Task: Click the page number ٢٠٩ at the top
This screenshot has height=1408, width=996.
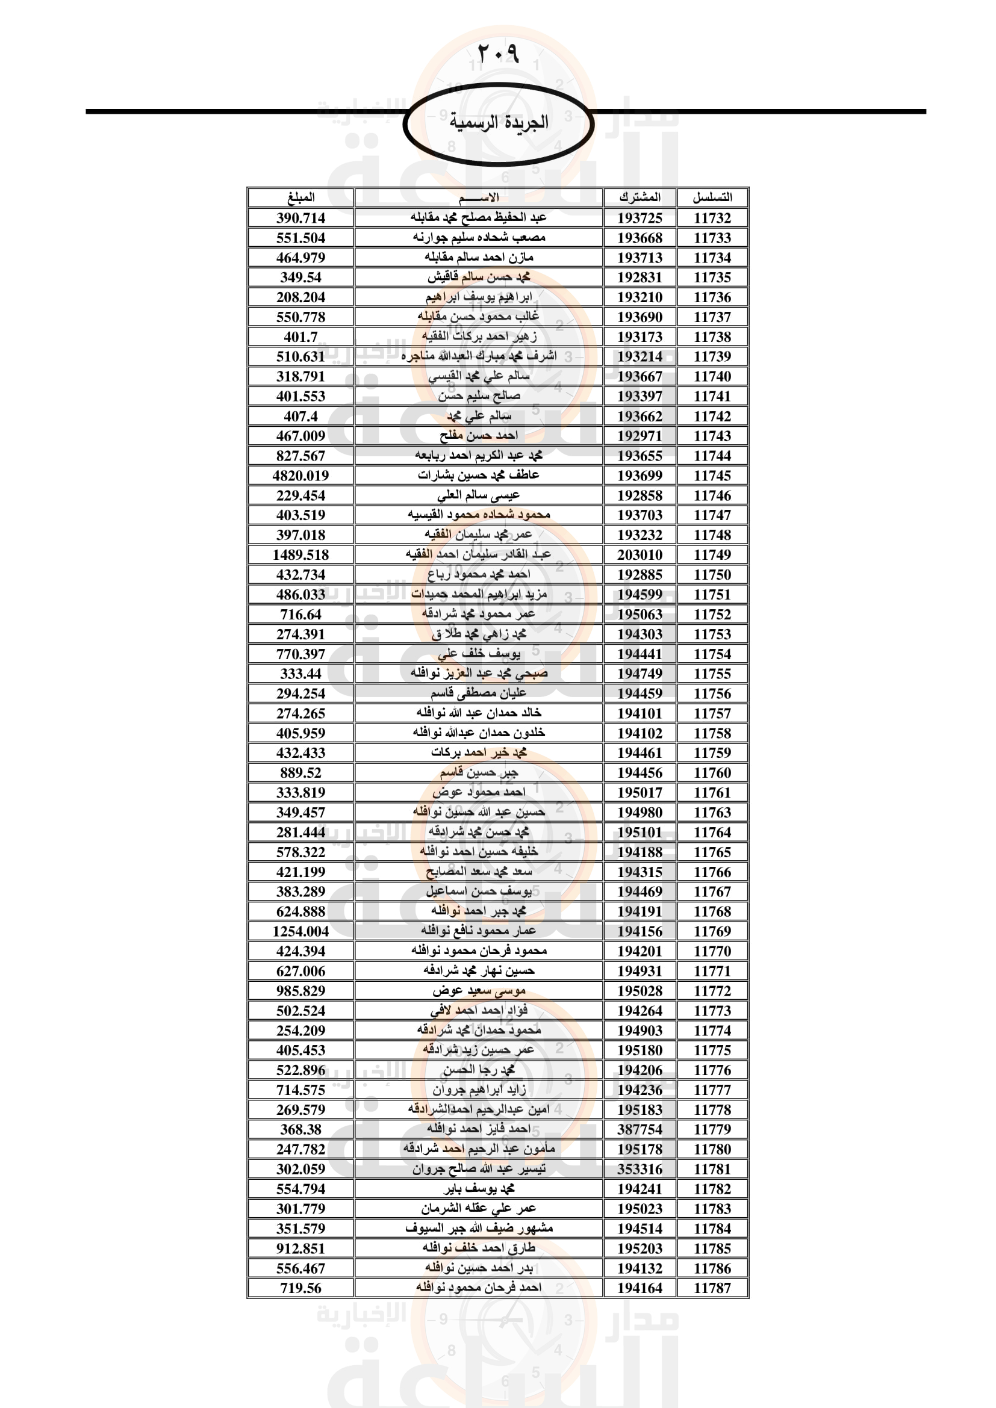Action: tap(497, 54)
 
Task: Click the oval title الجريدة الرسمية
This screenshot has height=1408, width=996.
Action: tap(498, 123)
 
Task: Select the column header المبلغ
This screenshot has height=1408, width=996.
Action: tap(300, 197)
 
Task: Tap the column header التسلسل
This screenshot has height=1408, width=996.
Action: tap(712, 197)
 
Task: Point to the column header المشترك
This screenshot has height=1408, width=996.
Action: tap(640, 197)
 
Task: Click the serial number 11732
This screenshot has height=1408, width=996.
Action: tap(712, 218)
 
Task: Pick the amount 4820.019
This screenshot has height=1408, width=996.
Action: tap(300, 476)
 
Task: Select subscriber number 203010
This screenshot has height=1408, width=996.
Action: tap(640, 554)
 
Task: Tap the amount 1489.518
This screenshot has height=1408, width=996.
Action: tap(300, 554)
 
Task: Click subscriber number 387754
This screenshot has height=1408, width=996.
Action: tap(640, 1129)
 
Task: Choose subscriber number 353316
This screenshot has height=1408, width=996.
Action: tap(640, 1169)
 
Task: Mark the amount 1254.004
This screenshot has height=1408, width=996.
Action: tap(300, 931)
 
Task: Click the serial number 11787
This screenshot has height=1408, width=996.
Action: tap(712, 1288)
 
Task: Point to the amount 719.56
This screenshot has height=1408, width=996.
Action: tap(300, 1288)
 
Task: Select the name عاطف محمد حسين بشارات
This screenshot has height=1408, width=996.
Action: tap(478, 476)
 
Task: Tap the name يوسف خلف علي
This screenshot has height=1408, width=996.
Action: tap(478, 654)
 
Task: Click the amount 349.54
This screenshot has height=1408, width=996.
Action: tap(300, 277)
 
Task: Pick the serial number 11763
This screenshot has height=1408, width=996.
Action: tap(712, 812)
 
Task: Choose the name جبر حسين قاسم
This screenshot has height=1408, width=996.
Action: tap(478, 773)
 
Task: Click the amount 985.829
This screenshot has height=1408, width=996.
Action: tap(300, 990)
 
